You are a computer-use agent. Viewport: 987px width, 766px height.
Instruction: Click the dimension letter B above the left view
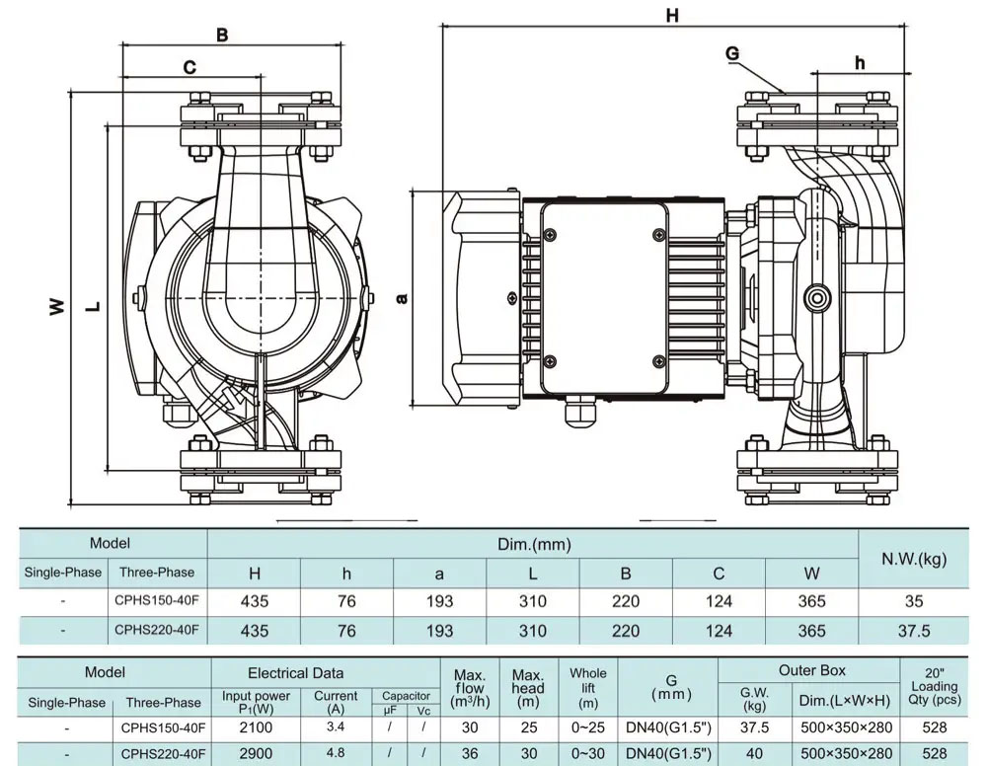click(x=222, y=36)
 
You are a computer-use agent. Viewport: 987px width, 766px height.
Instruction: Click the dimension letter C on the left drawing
click(x=190, y=67)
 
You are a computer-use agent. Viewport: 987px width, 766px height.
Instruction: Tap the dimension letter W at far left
click(x=57, y=307)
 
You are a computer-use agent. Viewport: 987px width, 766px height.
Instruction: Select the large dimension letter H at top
click(x=673, y=15)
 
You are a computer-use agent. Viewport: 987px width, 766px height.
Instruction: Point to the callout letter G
click(x=731, y=53)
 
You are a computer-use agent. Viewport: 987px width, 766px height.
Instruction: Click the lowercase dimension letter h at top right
click(x=860, y=62)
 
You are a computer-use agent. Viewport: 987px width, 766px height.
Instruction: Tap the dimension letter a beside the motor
click(x=403, y=297)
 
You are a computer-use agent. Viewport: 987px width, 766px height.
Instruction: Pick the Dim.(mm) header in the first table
click(x=533, y=544)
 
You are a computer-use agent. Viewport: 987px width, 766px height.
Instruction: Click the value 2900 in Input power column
click(x=257, y=754)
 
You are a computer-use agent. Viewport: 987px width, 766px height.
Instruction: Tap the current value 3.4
click(x=336, y=728)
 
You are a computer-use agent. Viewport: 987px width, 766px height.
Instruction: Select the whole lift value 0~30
click(x=588, y=754)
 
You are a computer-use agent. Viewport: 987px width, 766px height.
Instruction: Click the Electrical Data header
click(x=296, y=673)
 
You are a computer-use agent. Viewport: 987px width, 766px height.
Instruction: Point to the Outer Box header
click(x=811, y=670)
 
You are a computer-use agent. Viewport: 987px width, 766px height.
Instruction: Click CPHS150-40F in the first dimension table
click(x=156, y=600)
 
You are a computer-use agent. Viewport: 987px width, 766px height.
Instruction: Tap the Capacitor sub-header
click(x=406, y=696)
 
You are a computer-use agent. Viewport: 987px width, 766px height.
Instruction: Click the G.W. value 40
click(x=754, y=754)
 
